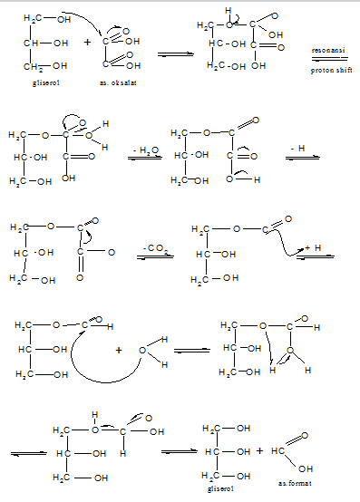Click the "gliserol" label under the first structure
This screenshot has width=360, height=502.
[x=43, y=81]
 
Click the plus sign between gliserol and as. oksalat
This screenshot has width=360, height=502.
[x=87, y=41]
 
